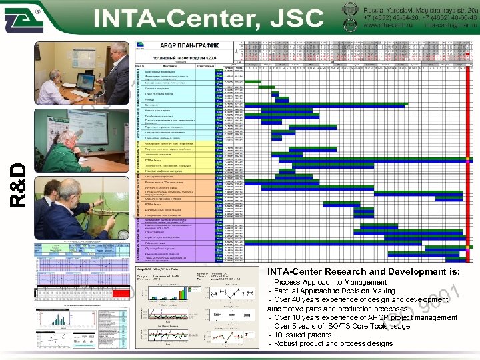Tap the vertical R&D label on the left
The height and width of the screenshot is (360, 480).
(x=21, y=183)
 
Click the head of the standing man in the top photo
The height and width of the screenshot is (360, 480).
(x=117, y=51)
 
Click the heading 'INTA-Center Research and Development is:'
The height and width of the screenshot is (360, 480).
(x=363, y=271)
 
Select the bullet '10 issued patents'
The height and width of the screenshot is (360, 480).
(x=303, y=335)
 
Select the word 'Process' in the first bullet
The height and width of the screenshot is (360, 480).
(x=289, y=283)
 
